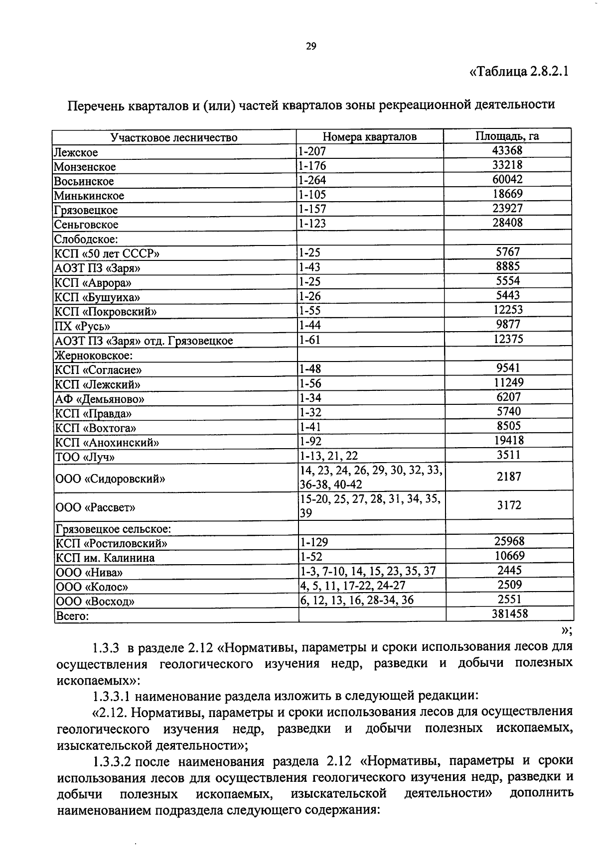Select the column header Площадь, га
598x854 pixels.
[x=507, y=136]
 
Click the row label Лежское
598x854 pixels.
[x=76, y=152]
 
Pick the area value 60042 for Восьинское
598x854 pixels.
[x=507, y=179]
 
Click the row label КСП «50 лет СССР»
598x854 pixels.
[x=107, y=253]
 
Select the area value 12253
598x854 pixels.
[x=508, y=310]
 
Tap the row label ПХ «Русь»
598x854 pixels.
[x=82, y=327]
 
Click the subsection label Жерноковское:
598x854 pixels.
[x=93, y=356]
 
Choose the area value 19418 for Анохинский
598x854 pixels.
[x=508, y=440]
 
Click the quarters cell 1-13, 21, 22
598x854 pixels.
[x=328, y=456]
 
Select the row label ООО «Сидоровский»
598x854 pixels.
[x=110, y=479]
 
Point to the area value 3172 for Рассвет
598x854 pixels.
[x=509, y=505]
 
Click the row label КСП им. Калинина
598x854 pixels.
[x=105, y=558]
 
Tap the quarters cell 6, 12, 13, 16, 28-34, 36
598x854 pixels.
[x=357, y=600]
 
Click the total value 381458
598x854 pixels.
[x=509, y=613]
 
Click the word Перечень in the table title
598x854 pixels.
[x=95, y=105]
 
